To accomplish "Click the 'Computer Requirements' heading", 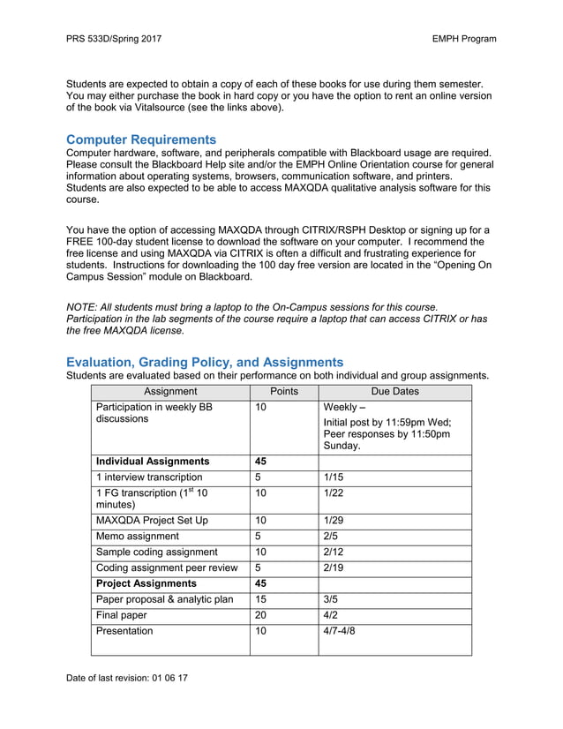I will pos(141,139).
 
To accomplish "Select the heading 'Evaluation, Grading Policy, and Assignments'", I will pos(205,362).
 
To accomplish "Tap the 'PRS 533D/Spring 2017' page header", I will pos(114,39).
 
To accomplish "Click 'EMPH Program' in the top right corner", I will pos(464,39).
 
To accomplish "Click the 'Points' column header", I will pos(283,392).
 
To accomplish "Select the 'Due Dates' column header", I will pos(394,392).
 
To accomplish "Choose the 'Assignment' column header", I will pos(170,392).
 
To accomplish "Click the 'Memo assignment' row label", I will pos(139,536).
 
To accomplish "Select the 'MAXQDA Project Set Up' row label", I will pos(152,521).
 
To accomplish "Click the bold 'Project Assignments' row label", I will pos(146,584).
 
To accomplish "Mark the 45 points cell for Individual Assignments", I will pos(262,462).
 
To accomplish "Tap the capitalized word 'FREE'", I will pos(83,242).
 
